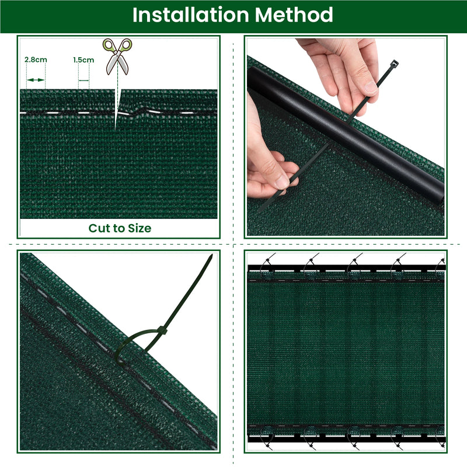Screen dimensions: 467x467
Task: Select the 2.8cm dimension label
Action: click(36, 60)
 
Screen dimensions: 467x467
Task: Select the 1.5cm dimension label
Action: click(83, 60)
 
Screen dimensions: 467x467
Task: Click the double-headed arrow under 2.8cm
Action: click(36, 79)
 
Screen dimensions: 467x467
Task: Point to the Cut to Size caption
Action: click(120, 228)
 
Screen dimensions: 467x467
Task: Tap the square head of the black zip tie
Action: click(395, 63)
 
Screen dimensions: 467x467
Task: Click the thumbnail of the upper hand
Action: click(370, 88)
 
